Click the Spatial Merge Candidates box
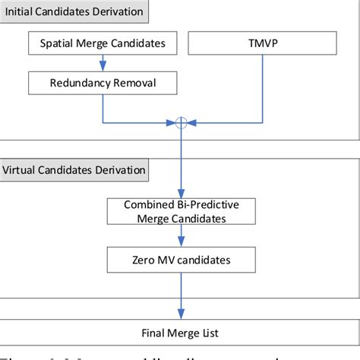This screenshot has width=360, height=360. click(103, 44)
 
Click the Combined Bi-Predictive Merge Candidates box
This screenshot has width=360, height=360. click(181, 210)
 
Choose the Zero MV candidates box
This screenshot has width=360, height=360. click(181, 259)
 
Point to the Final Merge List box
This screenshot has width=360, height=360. click(181, 331)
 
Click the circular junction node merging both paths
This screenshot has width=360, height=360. click(181, 123)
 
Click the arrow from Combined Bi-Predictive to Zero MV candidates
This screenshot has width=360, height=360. click(181, 235)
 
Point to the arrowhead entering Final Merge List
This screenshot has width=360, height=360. click(181, 314)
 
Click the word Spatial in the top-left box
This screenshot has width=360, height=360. click(57, 44)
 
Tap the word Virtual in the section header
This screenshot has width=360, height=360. click(22, 169)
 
